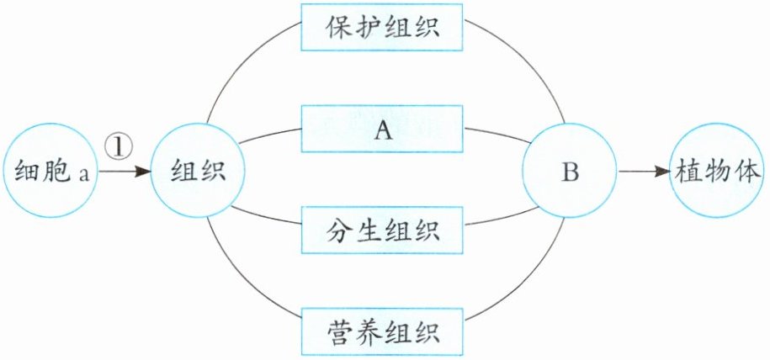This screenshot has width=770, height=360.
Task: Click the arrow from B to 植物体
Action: pyautogui.click(x=645, y=173)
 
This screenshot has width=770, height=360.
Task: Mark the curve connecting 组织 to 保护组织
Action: pyautogui.click(x=244, y=59)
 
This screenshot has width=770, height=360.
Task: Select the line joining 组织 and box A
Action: pyautogui.click(x=269, y=134)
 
